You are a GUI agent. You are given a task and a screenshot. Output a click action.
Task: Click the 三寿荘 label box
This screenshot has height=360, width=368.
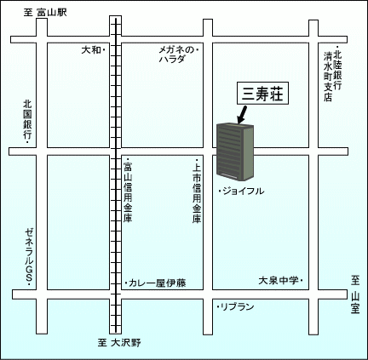[262, 94]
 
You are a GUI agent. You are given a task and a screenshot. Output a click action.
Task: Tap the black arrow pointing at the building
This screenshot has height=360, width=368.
[242, 115]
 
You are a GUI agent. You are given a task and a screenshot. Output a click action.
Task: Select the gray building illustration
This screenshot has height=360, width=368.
[235, 152]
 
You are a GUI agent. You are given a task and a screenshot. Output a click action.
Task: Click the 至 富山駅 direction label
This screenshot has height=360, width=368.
[45, 13]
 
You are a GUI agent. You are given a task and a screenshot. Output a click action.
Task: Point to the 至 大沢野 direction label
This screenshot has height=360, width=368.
[119, 343]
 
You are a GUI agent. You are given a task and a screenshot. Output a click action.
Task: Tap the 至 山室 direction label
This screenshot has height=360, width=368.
[355, 294]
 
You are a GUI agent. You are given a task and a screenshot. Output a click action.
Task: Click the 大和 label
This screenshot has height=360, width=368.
[91, 50]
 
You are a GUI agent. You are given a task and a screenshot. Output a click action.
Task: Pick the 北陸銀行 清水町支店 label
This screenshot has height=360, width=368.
[333, 74]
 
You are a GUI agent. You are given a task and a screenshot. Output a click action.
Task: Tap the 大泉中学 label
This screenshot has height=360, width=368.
[278, 281]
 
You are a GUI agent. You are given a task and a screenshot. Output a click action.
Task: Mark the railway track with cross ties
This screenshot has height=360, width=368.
[116, 174]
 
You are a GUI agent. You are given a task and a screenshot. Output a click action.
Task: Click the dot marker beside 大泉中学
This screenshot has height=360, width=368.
[301, 281]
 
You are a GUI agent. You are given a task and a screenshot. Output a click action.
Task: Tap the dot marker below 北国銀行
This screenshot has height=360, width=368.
[27, 142]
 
